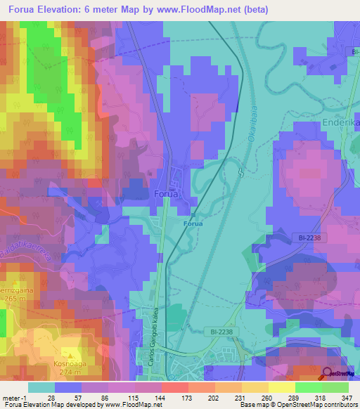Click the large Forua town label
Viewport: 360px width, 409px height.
click(x=166, y=193)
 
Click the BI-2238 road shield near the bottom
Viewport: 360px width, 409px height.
click(x=219, y=331)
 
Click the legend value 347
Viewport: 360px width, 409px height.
click(x=347, y=397)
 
